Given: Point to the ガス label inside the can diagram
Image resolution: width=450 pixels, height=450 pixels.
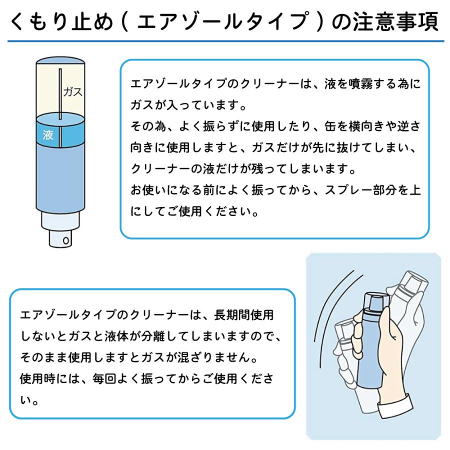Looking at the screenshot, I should click(x=72, y=92).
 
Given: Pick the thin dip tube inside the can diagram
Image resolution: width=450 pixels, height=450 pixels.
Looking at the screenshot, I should click(x=59, y=100).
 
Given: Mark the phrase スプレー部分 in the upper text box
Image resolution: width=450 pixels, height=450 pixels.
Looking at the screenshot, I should click(x=355, y=190).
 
